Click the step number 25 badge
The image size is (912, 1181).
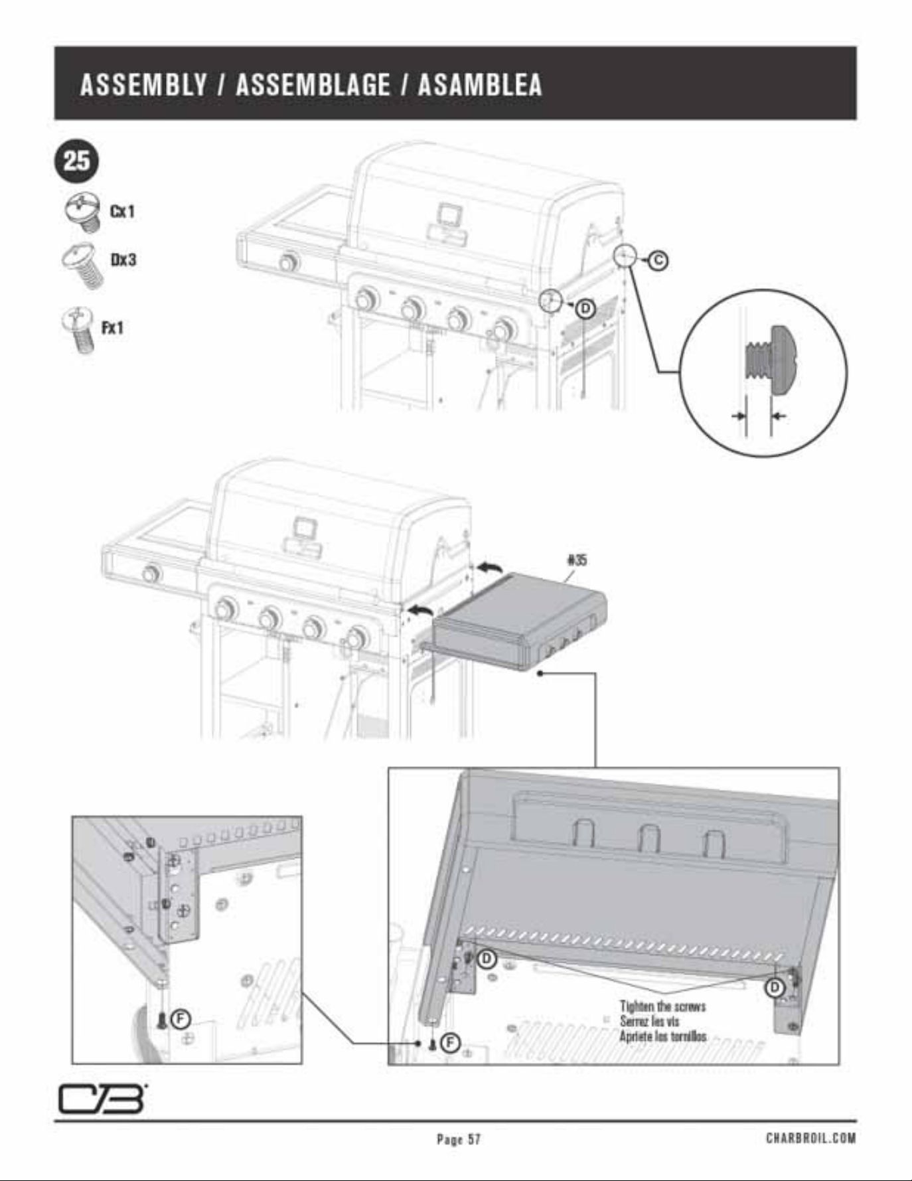[76, 161]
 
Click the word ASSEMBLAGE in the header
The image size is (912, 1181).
[313, 84]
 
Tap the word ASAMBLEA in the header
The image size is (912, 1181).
[480, 84]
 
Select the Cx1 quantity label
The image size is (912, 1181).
[122, 211]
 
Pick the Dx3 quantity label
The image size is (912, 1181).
[123, 259]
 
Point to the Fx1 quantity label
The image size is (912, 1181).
[112, 327]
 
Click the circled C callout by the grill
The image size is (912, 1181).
[658, 260]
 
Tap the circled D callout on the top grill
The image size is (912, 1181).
[585, 309]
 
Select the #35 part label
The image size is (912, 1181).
[577, 560]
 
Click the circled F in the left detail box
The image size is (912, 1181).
[181, 1019]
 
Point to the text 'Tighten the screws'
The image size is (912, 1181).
[662, 1006]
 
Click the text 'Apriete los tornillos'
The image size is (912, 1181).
[662, 1036]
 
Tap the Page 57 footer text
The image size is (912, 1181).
[458, 1139]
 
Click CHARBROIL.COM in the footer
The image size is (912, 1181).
[811, 1138]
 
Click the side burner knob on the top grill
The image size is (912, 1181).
[288, 262]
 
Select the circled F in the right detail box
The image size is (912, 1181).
[450, 1043]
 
